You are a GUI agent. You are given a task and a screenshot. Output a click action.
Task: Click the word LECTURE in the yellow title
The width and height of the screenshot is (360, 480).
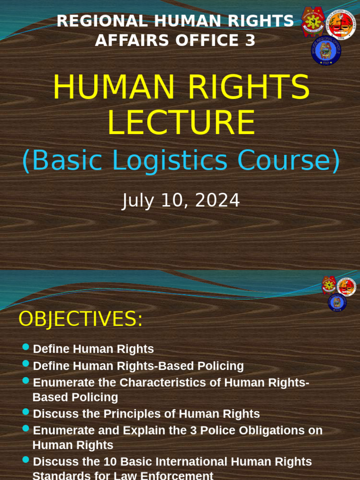(x=181, y=123)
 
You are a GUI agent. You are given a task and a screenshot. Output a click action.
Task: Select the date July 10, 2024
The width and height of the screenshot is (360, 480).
(x=180, y=201)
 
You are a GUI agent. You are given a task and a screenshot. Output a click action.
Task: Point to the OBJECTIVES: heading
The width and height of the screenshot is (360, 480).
(x=80, y=319)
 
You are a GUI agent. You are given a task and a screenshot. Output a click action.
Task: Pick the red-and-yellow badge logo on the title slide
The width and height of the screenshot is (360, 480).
(x=313, y=22)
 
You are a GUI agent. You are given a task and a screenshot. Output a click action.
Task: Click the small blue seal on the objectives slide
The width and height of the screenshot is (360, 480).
(x=337, y=302)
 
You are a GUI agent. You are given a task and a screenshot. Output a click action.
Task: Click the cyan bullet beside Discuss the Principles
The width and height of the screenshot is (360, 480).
(x=26, y=412)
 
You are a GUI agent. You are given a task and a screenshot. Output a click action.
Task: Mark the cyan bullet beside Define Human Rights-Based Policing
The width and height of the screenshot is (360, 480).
(x=26, y=364)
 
